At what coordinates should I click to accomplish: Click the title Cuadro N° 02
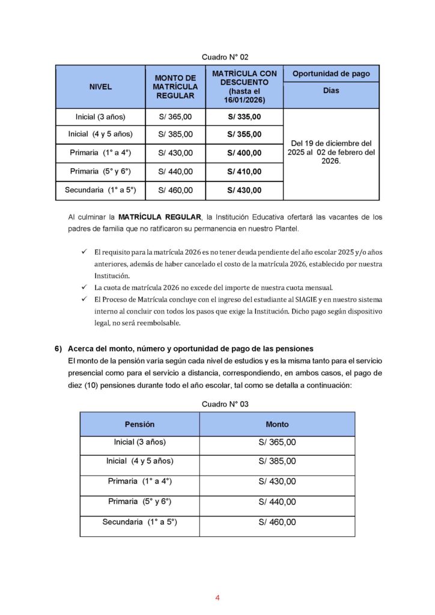225,57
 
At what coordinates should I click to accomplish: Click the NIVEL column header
100,86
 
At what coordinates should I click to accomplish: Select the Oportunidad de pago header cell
331,74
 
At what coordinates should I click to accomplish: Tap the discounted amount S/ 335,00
244,117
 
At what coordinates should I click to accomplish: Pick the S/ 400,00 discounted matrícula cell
244,153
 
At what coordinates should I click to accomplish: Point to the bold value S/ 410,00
244,172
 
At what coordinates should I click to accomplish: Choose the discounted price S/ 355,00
244,135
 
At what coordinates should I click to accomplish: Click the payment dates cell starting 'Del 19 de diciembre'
331,153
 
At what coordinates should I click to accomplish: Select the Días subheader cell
331,91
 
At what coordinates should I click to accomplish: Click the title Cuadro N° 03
225,404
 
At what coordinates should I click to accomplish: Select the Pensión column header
139,424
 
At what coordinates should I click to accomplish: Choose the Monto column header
277,424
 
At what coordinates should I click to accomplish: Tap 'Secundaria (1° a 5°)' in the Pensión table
139,522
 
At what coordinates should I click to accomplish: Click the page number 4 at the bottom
218,598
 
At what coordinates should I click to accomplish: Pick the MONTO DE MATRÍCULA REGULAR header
175,86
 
